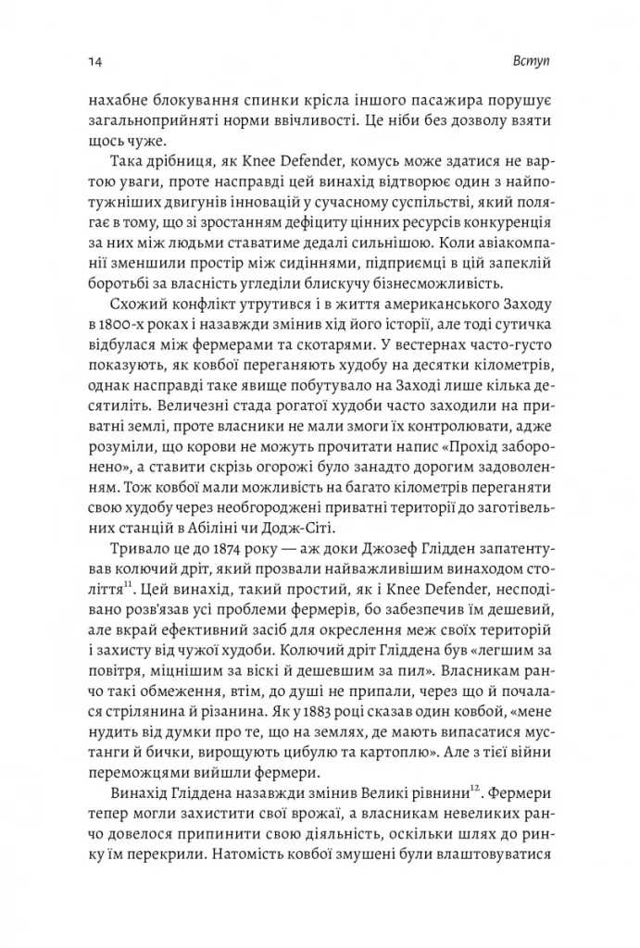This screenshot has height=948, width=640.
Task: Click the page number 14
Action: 94,61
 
